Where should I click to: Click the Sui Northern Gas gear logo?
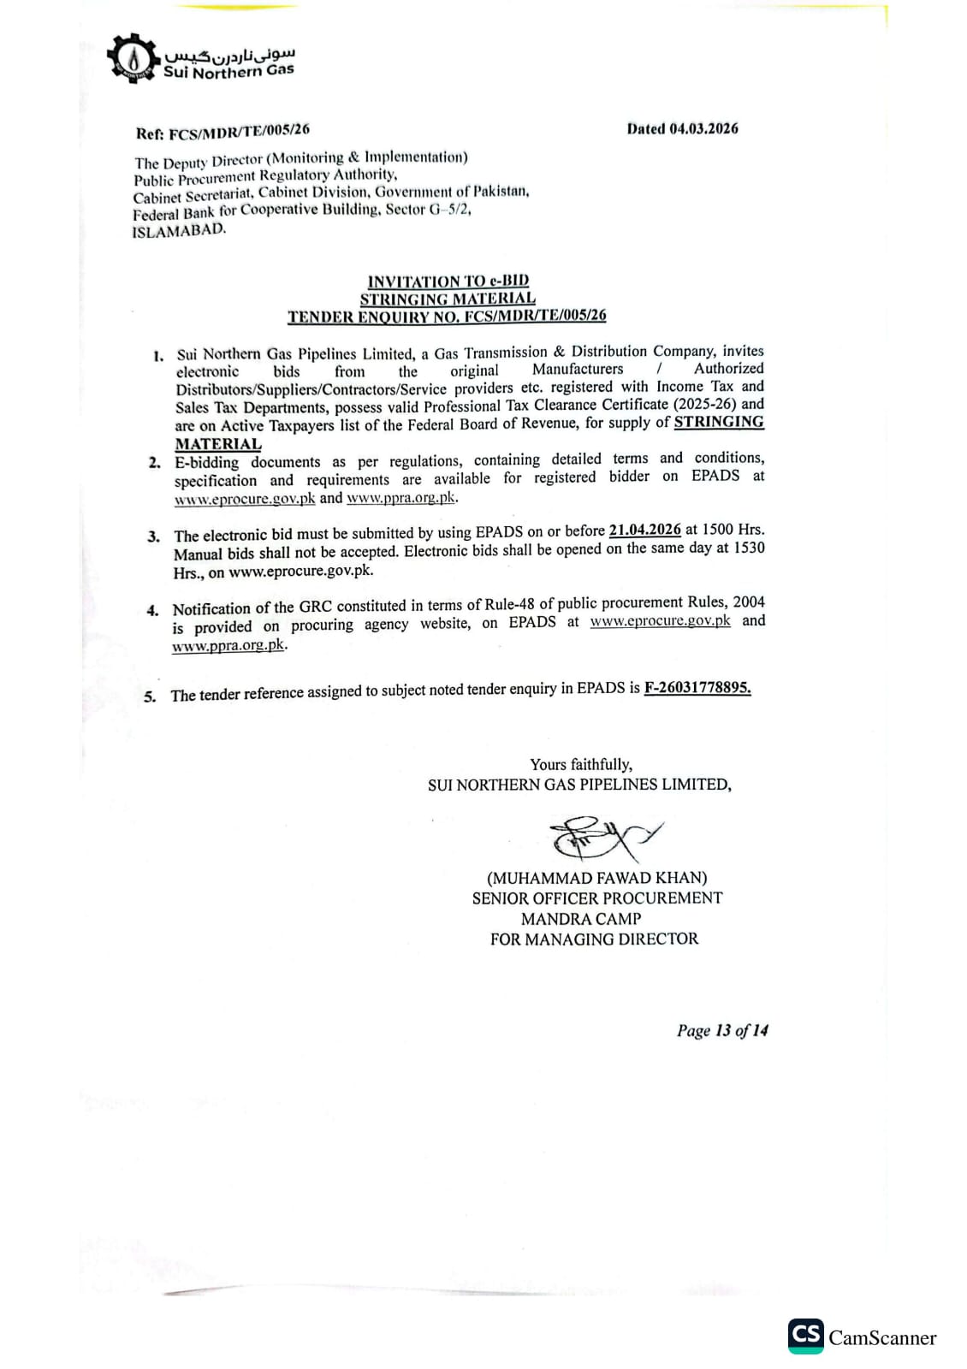(x=133, y=59)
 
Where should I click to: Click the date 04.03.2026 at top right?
(x=703, y=128)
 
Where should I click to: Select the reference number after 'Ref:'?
(x=239, y=131)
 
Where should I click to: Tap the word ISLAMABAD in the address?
(x=178, y=230)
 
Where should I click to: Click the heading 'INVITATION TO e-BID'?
(x=448, y=281)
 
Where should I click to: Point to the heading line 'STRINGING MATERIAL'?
(x=448, y=299)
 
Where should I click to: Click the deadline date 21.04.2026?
(x=644, y=530)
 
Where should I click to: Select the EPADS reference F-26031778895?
(x=697, y=687)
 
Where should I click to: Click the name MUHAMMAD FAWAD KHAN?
(x=596, y=878)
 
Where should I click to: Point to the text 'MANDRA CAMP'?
(x=580, y=919)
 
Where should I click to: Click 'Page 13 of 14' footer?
(x=721, y=1030)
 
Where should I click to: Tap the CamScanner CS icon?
(x=805, y=1336)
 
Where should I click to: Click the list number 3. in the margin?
(x=153, y=536)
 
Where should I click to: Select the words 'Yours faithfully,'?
(x=580, y=764)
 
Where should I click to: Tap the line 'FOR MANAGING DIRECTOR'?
(x=594, y=939)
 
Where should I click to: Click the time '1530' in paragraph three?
(x=748, y=548)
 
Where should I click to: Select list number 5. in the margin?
(x=150, y=696)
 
